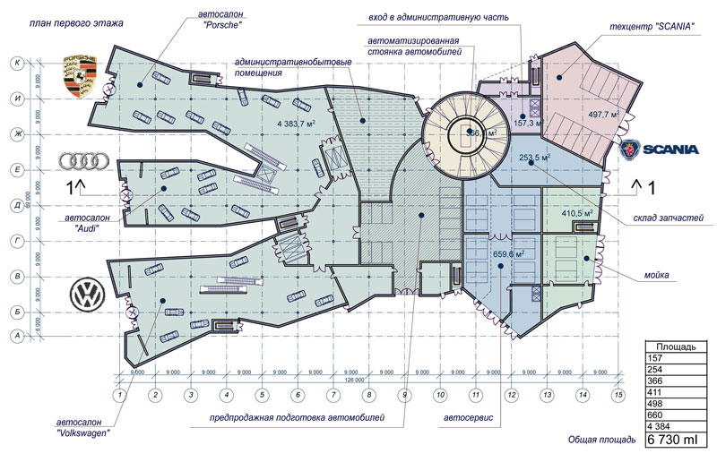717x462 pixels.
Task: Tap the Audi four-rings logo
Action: tap(82, 161)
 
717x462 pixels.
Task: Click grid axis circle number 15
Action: tap(618, 394)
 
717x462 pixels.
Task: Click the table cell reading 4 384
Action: tap(660, 426)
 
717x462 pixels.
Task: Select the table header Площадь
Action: tap(677, 346)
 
